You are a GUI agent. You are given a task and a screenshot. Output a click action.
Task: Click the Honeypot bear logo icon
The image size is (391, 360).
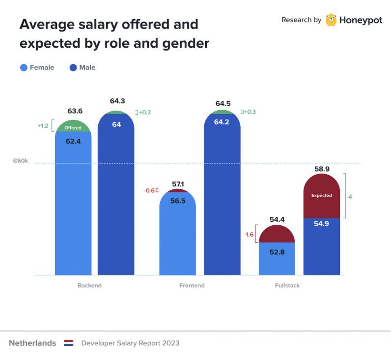pos(331,20)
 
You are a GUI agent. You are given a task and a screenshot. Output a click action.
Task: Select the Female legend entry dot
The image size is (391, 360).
pos(24,68)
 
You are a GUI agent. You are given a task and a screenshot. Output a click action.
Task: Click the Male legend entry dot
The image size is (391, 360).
pos(74,68)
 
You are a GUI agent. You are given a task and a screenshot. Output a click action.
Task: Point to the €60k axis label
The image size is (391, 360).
pos(21,161)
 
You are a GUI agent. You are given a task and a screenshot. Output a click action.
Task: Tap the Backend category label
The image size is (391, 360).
pos(89,285)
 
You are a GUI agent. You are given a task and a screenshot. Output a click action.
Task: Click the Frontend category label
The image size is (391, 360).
pos(192,285)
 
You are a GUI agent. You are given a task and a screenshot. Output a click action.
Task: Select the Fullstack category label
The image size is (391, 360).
pos(287,285)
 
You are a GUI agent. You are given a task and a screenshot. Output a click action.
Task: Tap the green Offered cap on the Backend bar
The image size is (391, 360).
pos(73,127)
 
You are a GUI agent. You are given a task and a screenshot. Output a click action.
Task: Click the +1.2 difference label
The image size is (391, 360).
pos(43,126)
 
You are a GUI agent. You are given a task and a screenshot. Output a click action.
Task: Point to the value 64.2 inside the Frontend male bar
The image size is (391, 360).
pos(222,122)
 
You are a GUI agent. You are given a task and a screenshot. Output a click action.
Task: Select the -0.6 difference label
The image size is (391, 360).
pos(149,191)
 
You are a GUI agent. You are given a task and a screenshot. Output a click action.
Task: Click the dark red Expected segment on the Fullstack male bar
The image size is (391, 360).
pos(322,196)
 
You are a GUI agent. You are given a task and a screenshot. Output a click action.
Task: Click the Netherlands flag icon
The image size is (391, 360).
pos(68,343)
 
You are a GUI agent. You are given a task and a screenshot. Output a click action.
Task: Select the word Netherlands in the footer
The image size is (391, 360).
pos(32,343)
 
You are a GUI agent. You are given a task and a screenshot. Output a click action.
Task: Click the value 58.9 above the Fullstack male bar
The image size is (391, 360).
pos(322,169)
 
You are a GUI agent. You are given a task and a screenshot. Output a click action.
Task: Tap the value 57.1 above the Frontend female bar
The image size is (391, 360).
pos(178,184)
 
